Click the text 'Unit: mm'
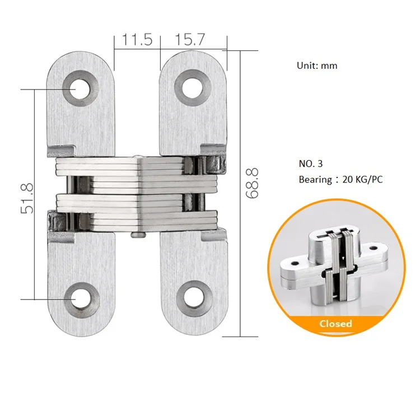coord(317,66)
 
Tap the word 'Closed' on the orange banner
coord(335,324)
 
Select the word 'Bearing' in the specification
coord(315,179)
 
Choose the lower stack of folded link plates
coord(137,212)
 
